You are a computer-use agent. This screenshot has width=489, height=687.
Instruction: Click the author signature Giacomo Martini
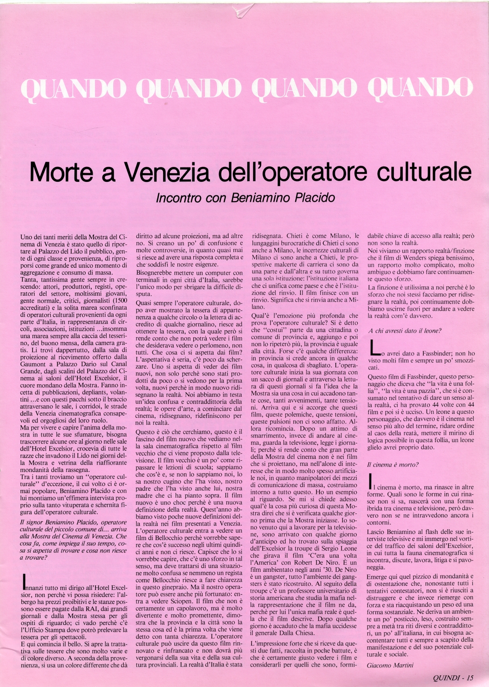(390, 665)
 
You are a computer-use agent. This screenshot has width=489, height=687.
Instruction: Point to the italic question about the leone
(404, 331)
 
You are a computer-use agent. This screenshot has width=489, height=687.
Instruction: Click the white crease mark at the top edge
(244, 10)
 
